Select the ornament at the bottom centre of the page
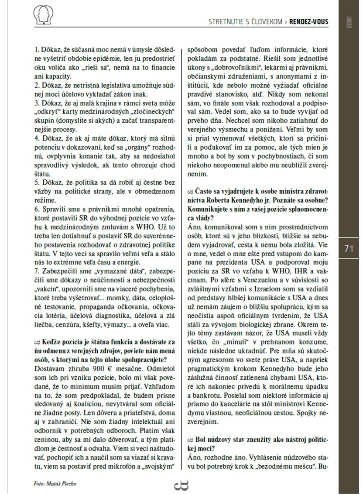(181, 485)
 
